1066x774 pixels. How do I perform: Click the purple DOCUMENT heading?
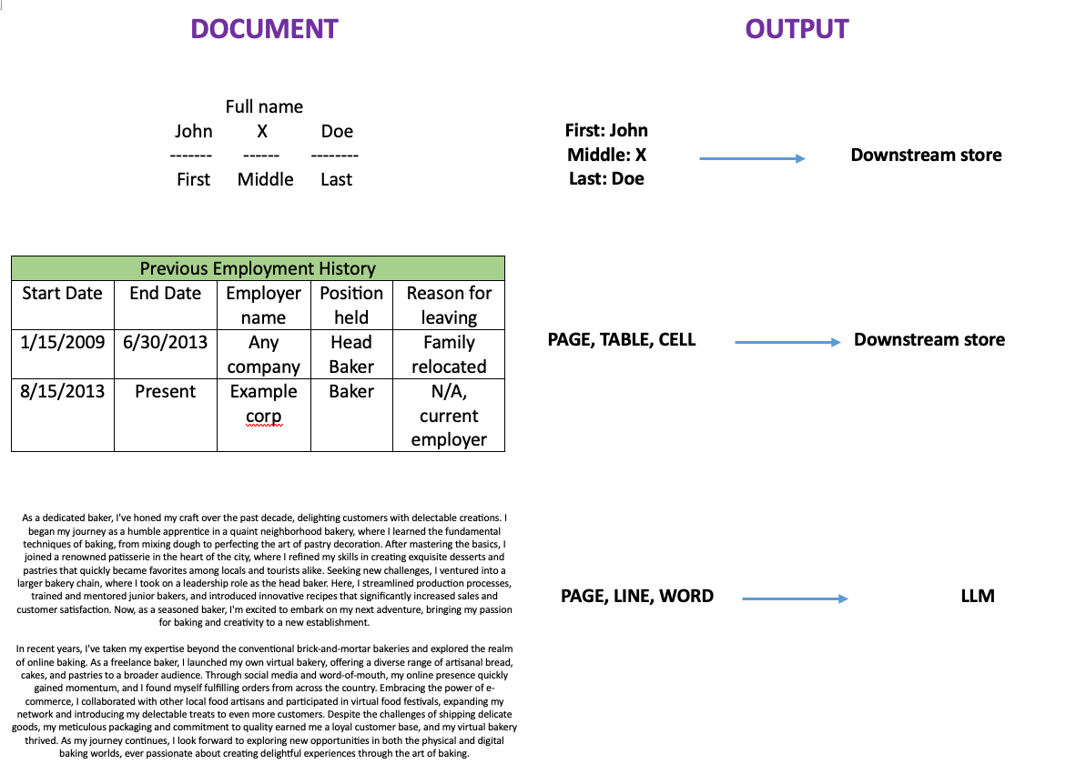264,29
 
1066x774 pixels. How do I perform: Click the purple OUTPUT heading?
797,29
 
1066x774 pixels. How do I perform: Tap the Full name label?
264,106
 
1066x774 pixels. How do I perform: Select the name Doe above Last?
337,131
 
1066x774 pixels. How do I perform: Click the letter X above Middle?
262,131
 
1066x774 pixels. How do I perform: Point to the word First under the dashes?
193,179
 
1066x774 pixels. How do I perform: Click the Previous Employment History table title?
258,268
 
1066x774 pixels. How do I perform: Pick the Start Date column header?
62,293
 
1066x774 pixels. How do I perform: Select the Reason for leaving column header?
449,305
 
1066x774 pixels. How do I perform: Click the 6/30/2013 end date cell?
166,342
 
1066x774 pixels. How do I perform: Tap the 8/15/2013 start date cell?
63,391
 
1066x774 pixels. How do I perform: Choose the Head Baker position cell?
351,354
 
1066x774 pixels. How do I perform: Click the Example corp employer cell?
263,403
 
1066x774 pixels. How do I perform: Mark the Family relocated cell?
449,354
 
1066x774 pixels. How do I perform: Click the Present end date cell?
166,391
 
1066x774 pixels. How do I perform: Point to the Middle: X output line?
606,155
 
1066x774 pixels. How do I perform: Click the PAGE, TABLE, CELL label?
622,340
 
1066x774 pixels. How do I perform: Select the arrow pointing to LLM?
795,598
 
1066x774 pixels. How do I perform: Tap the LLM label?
978,597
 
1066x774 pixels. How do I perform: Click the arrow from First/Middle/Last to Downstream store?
752,158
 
